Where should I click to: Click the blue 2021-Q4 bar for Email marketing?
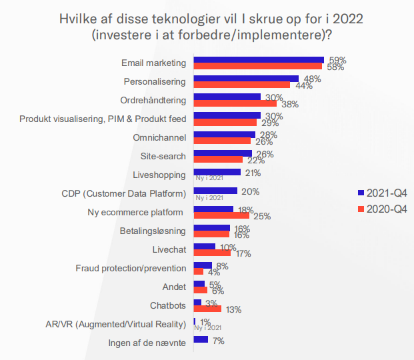tap(258, 60)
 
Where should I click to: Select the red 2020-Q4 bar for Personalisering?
tap(241, 85)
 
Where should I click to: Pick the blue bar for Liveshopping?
tap(217, 172)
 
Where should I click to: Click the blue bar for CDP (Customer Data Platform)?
tap(215, 191)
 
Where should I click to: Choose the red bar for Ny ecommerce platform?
tap(221, 216)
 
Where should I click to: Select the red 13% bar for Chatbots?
tap(207, 309)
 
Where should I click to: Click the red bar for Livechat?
tap(212, 253)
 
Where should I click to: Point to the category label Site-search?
tap(163, 157)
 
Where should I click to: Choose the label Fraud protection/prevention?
tap(131, 269)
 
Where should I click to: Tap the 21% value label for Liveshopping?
tap(252, 173)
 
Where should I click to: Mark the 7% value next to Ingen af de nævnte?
tap(217, 341)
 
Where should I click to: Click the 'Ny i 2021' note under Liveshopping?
tap(208, 179)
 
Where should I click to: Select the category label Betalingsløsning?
tap(153, 231)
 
